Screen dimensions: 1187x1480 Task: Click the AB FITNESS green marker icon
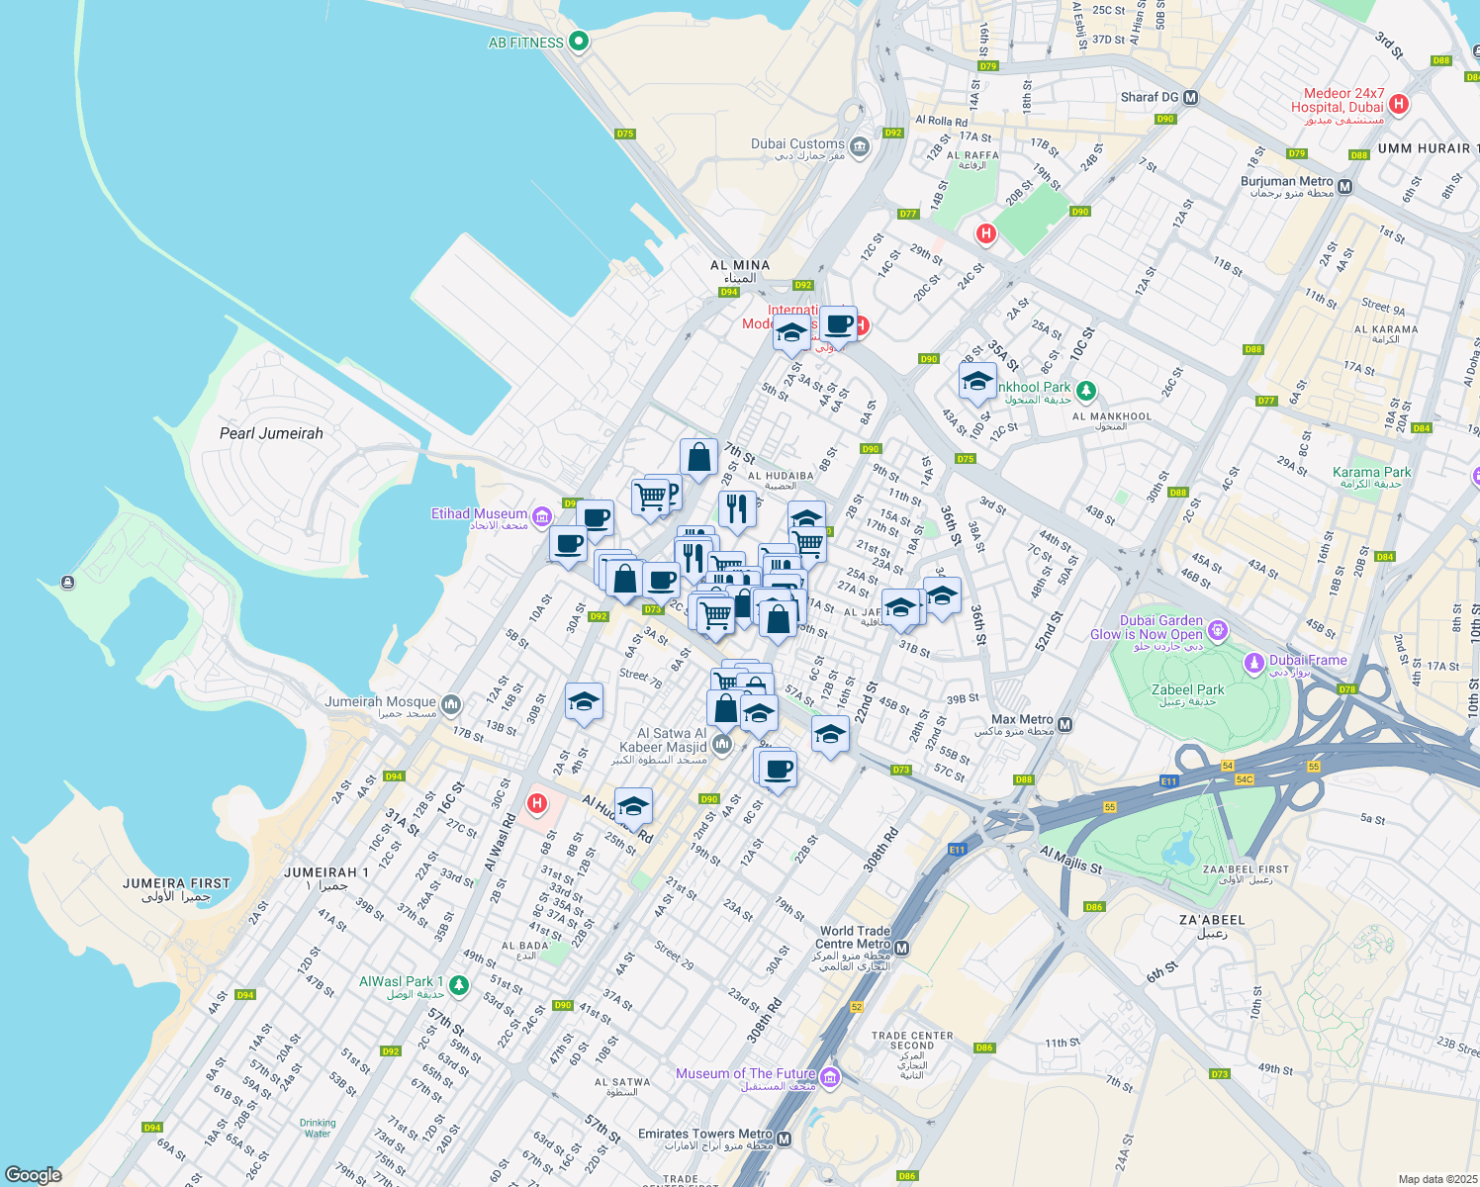[580, 42]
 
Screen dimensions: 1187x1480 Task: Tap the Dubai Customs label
[797, 144]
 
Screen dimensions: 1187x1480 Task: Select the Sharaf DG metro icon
[1191, 98]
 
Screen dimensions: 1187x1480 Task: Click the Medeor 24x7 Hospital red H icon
[1399, 104]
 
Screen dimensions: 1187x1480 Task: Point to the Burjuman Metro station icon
[1344, 186]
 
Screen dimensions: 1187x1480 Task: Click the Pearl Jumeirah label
[271, 433]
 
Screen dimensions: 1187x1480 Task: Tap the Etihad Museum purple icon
[541, 516]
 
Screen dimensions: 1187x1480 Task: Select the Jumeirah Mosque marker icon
[451, 704]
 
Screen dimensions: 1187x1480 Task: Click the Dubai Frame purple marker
[1254, 661]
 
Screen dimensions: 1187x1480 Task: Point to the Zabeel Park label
[1187, 690]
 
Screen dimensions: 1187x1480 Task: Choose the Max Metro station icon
[1064, 725]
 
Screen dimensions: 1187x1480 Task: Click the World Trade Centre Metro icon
[901, 948]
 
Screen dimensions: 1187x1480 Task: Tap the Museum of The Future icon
[830, 1077]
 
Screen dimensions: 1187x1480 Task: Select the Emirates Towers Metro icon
[785, 1139]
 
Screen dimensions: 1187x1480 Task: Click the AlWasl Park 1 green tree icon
[458, 985]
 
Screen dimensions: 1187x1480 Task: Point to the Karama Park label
[1371, 473]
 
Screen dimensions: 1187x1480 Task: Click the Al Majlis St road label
[1070, 860]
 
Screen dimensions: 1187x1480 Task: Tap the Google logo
[34, 1175]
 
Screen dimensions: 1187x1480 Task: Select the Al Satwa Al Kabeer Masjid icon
[722, 744]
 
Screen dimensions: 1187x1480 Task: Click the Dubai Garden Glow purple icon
[1218, 629]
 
